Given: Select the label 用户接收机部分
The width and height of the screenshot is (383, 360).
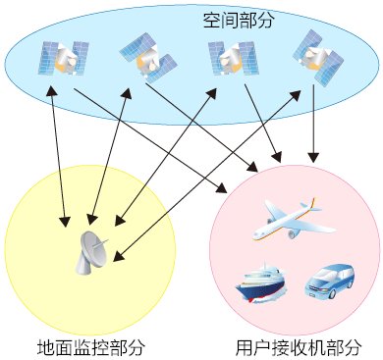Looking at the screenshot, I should click(295, 345).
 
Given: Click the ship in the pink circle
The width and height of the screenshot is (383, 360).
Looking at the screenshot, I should click(259, 281).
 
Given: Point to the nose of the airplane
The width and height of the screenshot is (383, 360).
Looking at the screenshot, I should click(254, 234).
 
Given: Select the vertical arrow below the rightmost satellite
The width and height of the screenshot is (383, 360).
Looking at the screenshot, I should click(313, 123).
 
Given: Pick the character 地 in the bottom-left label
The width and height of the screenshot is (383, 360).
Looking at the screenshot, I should click(45, 345).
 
